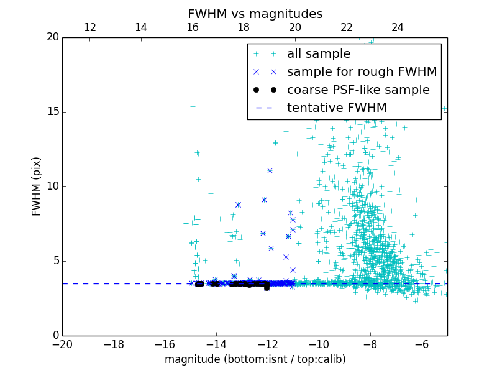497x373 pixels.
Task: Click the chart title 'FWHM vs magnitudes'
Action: [255, 14]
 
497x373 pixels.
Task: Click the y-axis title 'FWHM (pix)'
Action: [36, 186]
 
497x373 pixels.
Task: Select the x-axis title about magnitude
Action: [255, 359]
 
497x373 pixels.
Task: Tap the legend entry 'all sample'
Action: [319, 54]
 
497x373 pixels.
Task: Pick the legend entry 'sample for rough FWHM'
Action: [362, 72]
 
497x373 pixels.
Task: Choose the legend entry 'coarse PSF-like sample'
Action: [358, 90]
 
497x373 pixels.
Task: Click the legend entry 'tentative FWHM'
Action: [337, 108]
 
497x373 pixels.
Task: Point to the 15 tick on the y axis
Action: [52, 112]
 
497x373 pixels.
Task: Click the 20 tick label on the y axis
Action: [52, 37]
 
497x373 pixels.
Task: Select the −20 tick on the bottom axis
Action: [62, 344]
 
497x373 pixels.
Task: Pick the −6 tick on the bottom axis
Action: [422, 344]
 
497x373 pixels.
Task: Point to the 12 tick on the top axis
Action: [90, 27]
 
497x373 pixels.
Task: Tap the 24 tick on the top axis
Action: [398, 27]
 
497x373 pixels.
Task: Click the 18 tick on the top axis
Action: [244, 27]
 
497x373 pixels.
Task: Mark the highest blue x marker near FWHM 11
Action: [270, 170]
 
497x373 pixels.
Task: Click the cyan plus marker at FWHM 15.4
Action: [193, 106]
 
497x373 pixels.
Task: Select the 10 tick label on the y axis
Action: [52, 186]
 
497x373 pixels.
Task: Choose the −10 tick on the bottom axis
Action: [319, 344]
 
